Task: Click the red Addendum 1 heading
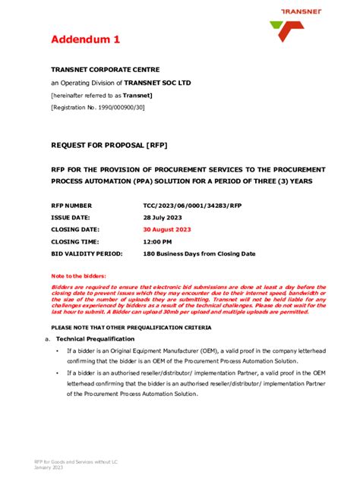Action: click(85, 39)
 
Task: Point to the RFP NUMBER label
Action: click(71, 206)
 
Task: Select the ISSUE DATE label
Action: click(71, 217)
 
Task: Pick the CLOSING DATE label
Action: click(74, 229)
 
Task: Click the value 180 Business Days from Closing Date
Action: click(199, 253)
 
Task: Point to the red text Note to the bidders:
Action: click(78, 275)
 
